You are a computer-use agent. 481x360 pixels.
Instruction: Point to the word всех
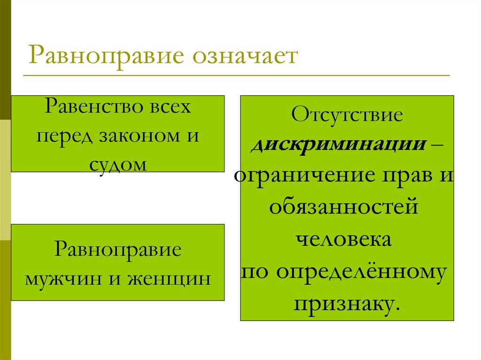click(171, 107)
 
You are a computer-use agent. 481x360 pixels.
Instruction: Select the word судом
click(117, 164)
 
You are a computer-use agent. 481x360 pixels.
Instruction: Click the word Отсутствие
click(347, 115)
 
